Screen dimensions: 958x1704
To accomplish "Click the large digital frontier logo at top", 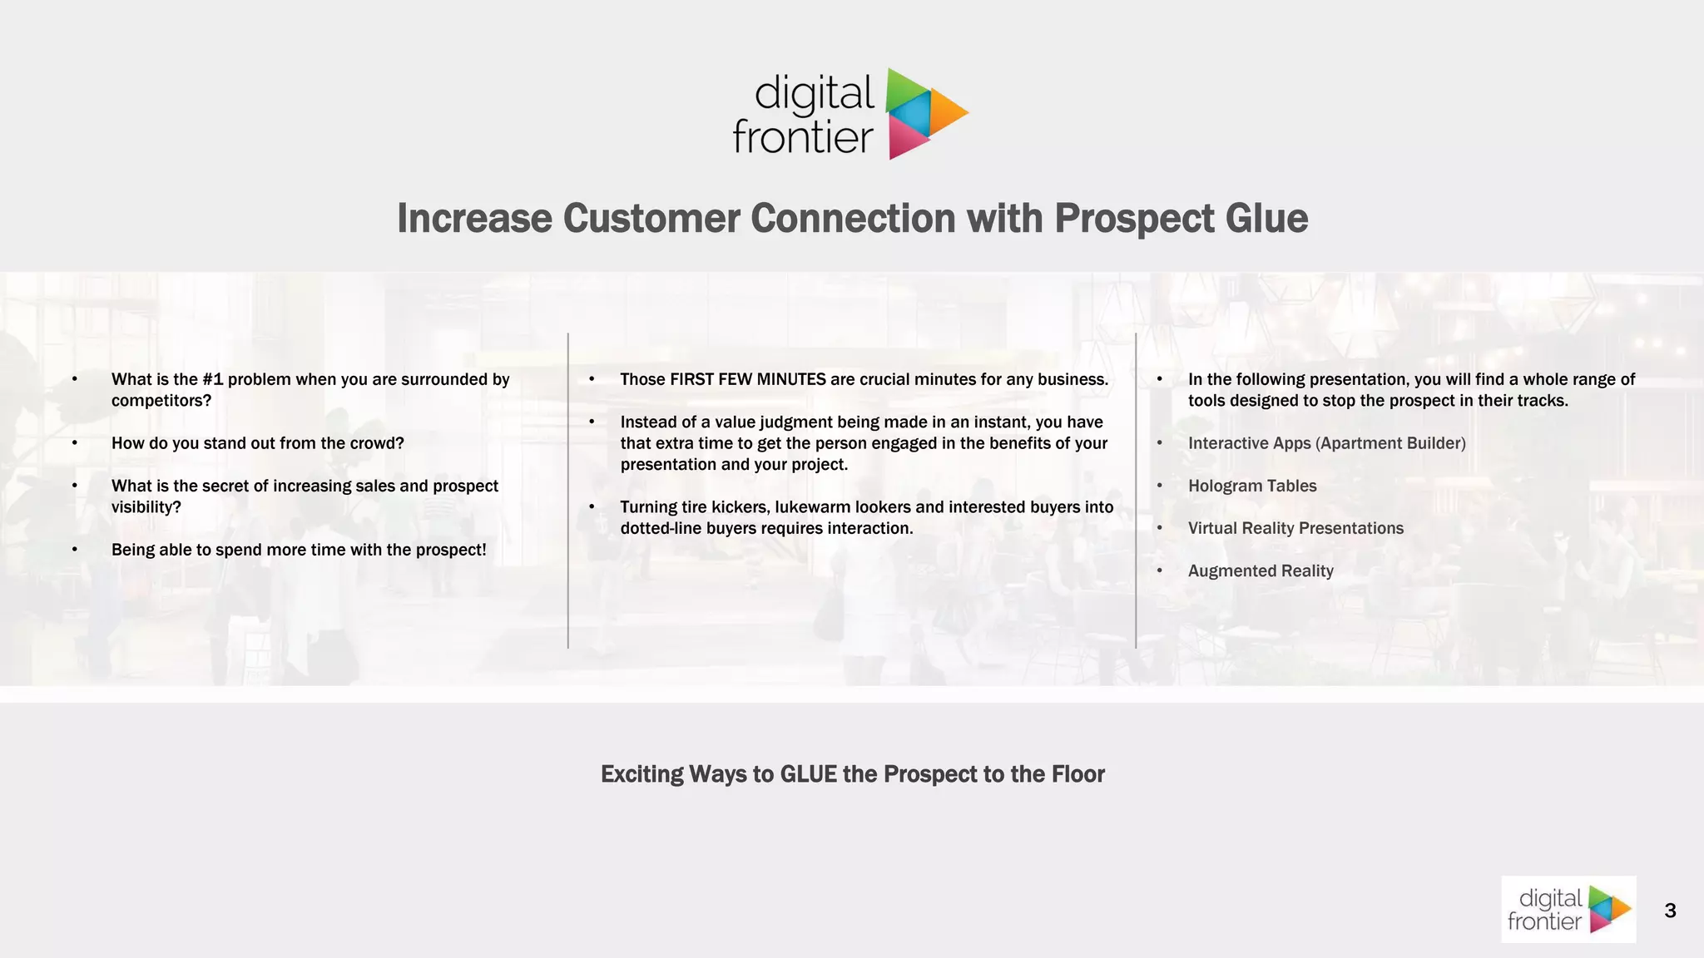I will pyautogui.click(x=850, y=115).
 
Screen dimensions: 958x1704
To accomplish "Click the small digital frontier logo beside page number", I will pyautogui.click(x=1568, y=909).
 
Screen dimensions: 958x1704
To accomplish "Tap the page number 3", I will pyautogui.click(x=1670, y=911).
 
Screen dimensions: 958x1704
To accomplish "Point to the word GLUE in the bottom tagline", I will pyautogui.click(x=808, y=774).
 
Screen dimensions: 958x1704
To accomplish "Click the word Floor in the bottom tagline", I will pyautogui.click(x=1077, y=774).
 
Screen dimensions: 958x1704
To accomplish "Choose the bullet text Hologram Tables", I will pyautogui.click(x=1252, y=486).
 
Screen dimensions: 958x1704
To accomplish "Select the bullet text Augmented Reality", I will pyautogui.click(x=1261, y=571).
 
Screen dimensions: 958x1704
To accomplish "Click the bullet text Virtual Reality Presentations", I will pyautogui.click(x=1295, y=528).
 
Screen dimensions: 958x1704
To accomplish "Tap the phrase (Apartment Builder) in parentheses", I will pyautogui.click(x=1390, y=443).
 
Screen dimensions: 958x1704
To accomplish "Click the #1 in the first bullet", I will pyautogui.click(x=212, y=379).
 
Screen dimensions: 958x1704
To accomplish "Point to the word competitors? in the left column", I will pyautogui.click(x=161, y=401).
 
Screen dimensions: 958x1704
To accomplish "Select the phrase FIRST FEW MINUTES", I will pyautogui.click(x=747, y=379).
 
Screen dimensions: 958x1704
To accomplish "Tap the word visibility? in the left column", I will pyautogui.click(x=146, y=507).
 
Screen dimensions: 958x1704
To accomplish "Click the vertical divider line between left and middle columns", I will pyautogui.click(x=568, y=491).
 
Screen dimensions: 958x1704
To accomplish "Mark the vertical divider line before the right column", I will pyautogui.click(x=1136, y=491).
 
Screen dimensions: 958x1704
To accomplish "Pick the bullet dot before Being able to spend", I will pyautogui.click(x=75, y=550).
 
